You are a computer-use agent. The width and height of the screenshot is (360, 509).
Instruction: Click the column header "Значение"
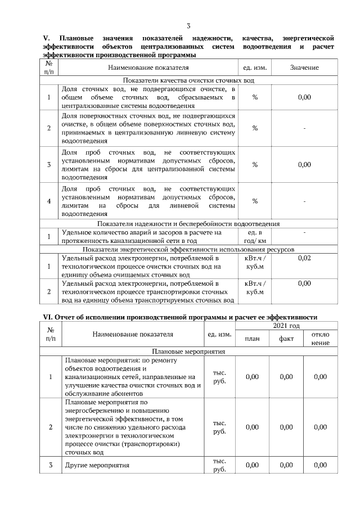304,67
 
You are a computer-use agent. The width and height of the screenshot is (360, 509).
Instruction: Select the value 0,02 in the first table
304,258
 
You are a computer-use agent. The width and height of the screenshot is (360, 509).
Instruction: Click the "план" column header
252,339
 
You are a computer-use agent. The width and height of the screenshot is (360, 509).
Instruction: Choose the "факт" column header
286,339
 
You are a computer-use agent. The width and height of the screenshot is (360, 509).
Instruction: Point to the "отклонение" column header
320,339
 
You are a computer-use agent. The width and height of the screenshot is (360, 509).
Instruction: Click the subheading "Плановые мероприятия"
189,352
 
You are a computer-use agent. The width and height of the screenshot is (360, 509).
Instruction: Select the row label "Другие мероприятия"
97,465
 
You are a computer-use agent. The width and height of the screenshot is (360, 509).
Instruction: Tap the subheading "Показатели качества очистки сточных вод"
189,80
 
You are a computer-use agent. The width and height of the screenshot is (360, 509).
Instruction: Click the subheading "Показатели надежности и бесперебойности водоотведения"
189,224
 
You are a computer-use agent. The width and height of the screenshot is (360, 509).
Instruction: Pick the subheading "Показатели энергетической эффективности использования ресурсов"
189,249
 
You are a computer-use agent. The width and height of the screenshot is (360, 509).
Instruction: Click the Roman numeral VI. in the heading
48,317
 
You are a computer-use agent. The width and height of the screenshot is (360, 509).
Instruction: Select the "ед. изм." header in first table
255,67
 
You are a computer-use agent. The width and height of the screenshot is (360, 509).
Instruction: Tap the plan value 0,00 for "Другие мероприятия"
252,465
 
